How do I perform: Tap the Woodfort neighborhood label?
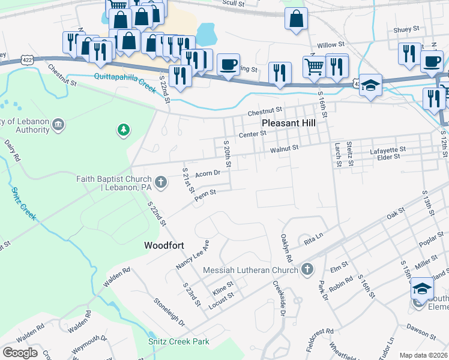pos(164,245)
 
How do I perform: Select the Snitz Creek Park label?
pos(179,341)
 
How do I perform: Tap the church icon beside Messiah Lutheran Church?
pos(307,269)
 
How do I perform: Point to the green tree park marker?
pos(123,129)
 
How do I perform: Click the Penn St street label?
pos(205,193)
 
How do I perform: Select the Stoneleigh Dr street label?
pos(169,313)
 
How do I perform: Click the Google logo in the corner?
pos(20,352)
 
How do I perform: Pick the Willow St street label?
pos(331,44)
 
